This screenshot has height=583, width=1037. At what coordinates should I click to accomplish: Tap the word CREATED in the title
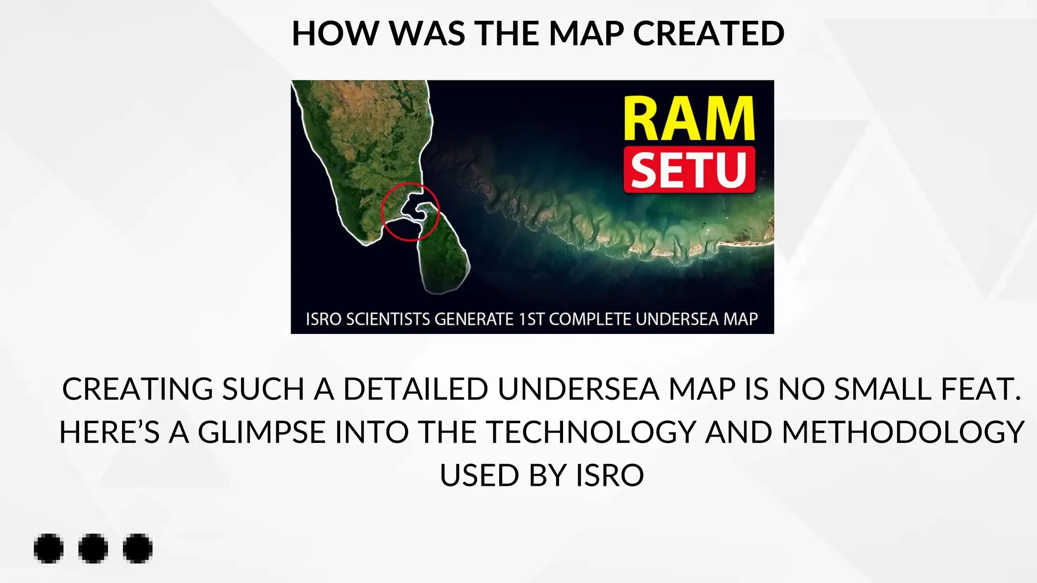708,33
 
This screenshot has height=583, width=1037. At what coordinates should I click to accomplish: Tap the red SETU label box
689,170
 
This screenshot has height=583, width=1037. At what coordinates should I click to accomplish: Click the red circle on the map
410,212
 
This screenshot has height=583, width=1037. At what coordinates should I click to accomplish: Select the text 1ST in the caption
531,319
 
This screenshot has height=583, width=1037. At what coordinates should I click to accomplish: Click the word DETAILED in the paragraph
417,389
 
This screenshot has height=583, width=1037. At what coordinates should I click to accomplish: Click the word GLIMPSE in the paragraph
261,433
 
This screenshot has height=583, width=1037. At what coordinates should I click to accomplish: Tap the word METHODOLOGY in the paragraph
903,433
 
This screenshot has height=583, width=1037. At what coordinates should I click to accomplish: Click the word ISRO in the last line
610,476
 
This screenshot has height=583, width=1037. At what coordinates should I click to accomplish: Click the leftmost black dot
49,548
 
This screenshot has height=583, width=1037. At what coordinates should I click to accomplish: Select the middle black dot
93,548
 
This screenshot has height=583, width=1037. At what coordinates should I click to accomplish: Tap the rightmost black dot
138,548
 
